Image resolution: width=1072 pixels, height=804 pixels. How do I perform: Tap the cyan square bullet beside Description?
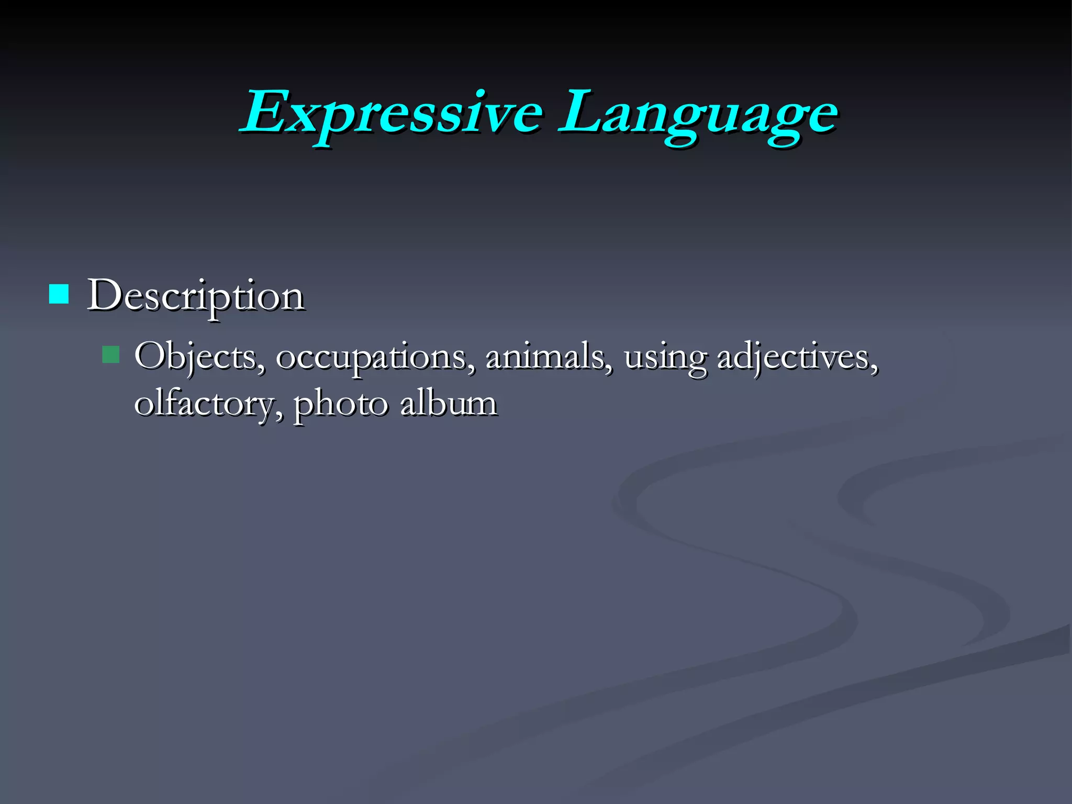59,294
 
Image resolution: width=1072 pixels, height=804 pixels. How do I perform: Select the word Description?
195,296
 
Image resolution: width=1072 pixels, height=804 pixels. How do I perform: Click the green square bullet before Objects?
111,355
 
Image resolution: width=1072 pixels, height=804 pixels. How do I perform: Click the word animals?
544,357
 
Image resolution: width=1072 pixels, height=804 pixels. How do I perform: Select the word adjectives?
793,358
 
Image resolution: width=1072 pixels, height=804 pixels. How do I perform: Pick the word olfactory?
204,405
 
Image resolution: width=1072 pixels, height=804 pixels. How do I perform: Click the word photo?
341,405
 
